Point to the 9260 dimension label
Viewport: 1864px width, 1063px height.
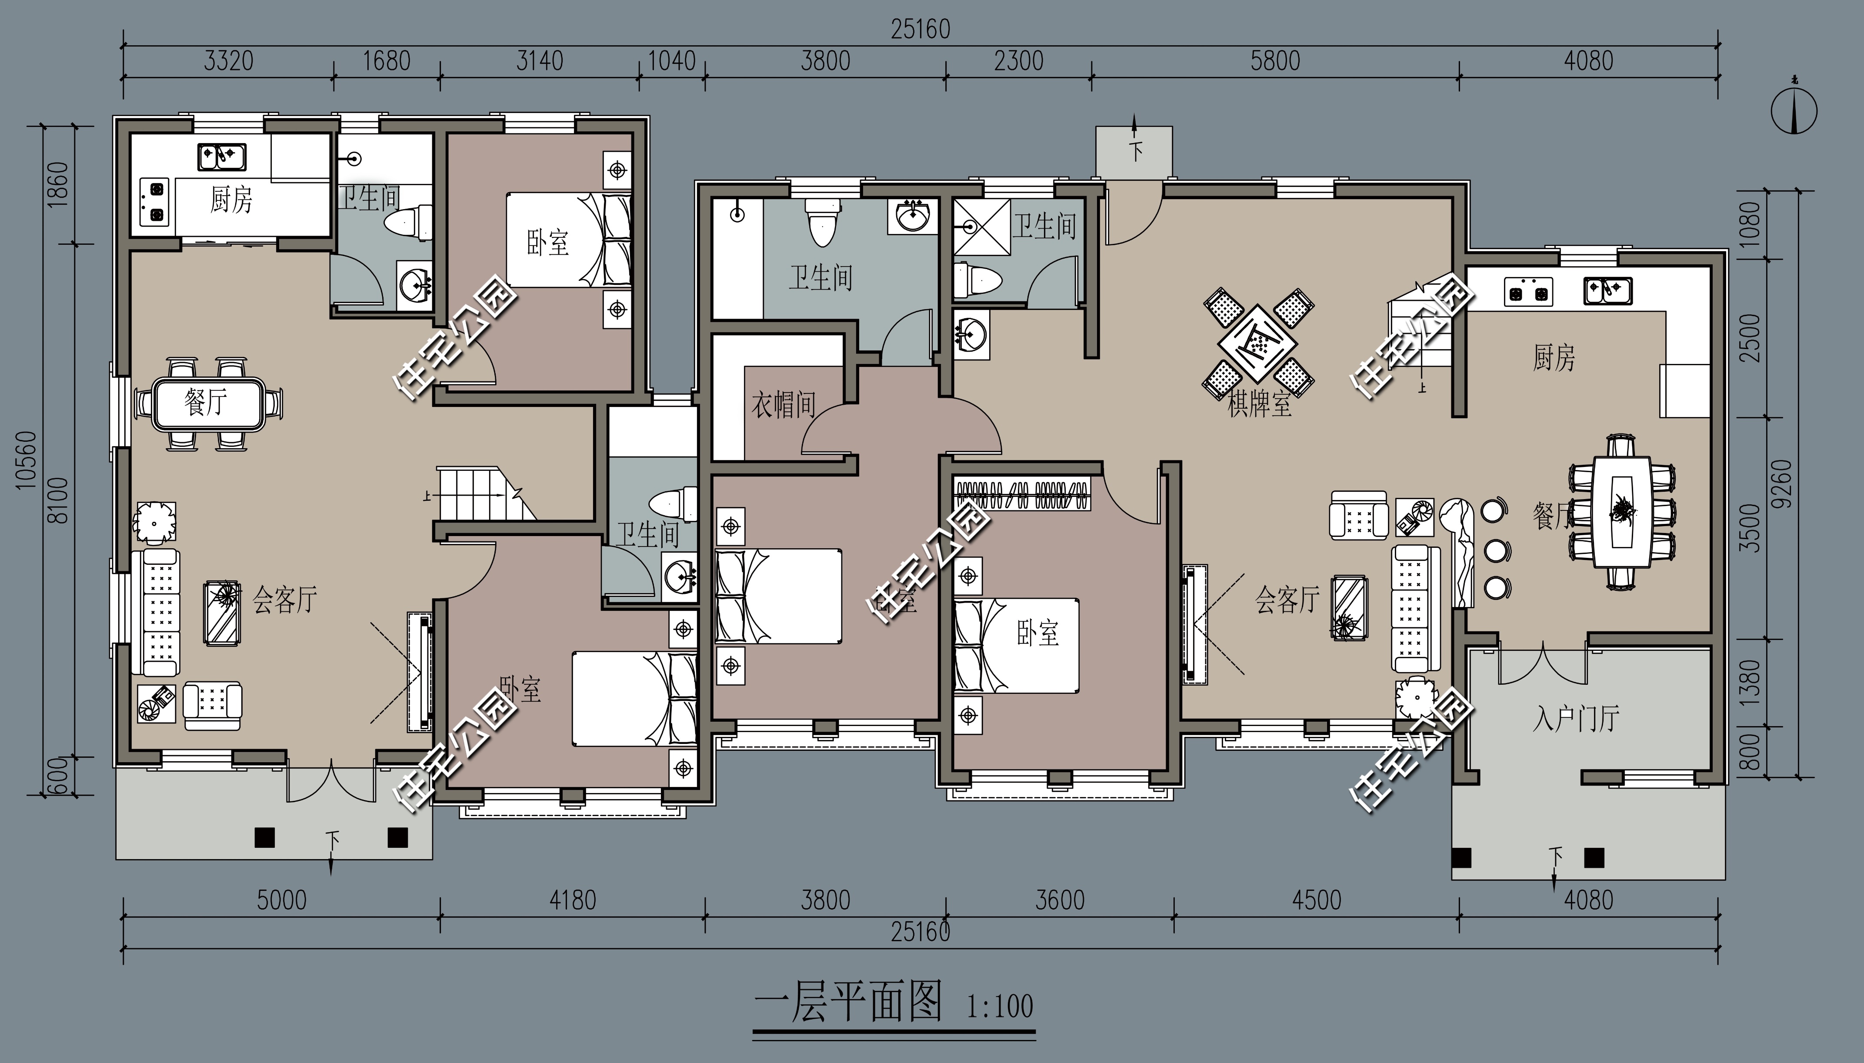coord(1781,484)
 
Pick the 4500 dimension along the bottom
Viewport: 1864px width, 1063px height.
coord(1317,900)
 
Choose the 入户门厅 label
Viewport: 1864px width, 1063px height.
coord(1576,719)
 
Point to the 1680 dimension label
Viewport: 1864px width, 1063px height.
coord(386,60)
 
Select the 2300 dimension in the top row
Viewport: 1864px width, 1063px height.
coord(1018,60)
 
